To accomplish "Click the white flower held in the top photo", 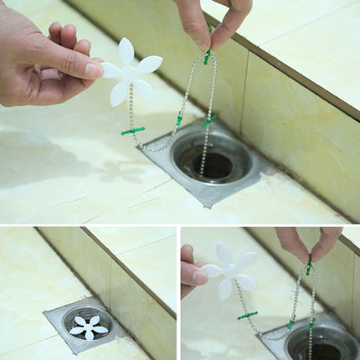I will (x=130, y=72).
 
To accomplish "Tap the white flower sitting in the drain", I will (x=88, y=327).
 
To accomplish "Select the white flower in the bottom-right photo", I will (x=229, y=270).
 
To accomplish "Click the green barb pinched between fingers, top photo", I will (x=207, y=57).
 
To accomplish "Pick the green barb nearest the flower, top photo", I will (x=132, y=131).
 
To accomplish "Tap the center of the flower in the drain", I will (x=88, y=327).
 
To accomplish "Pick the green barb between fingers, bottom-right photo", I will (x=308, y=268).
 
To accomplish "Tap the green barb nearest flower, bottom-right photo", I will (x=247, y=316).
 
